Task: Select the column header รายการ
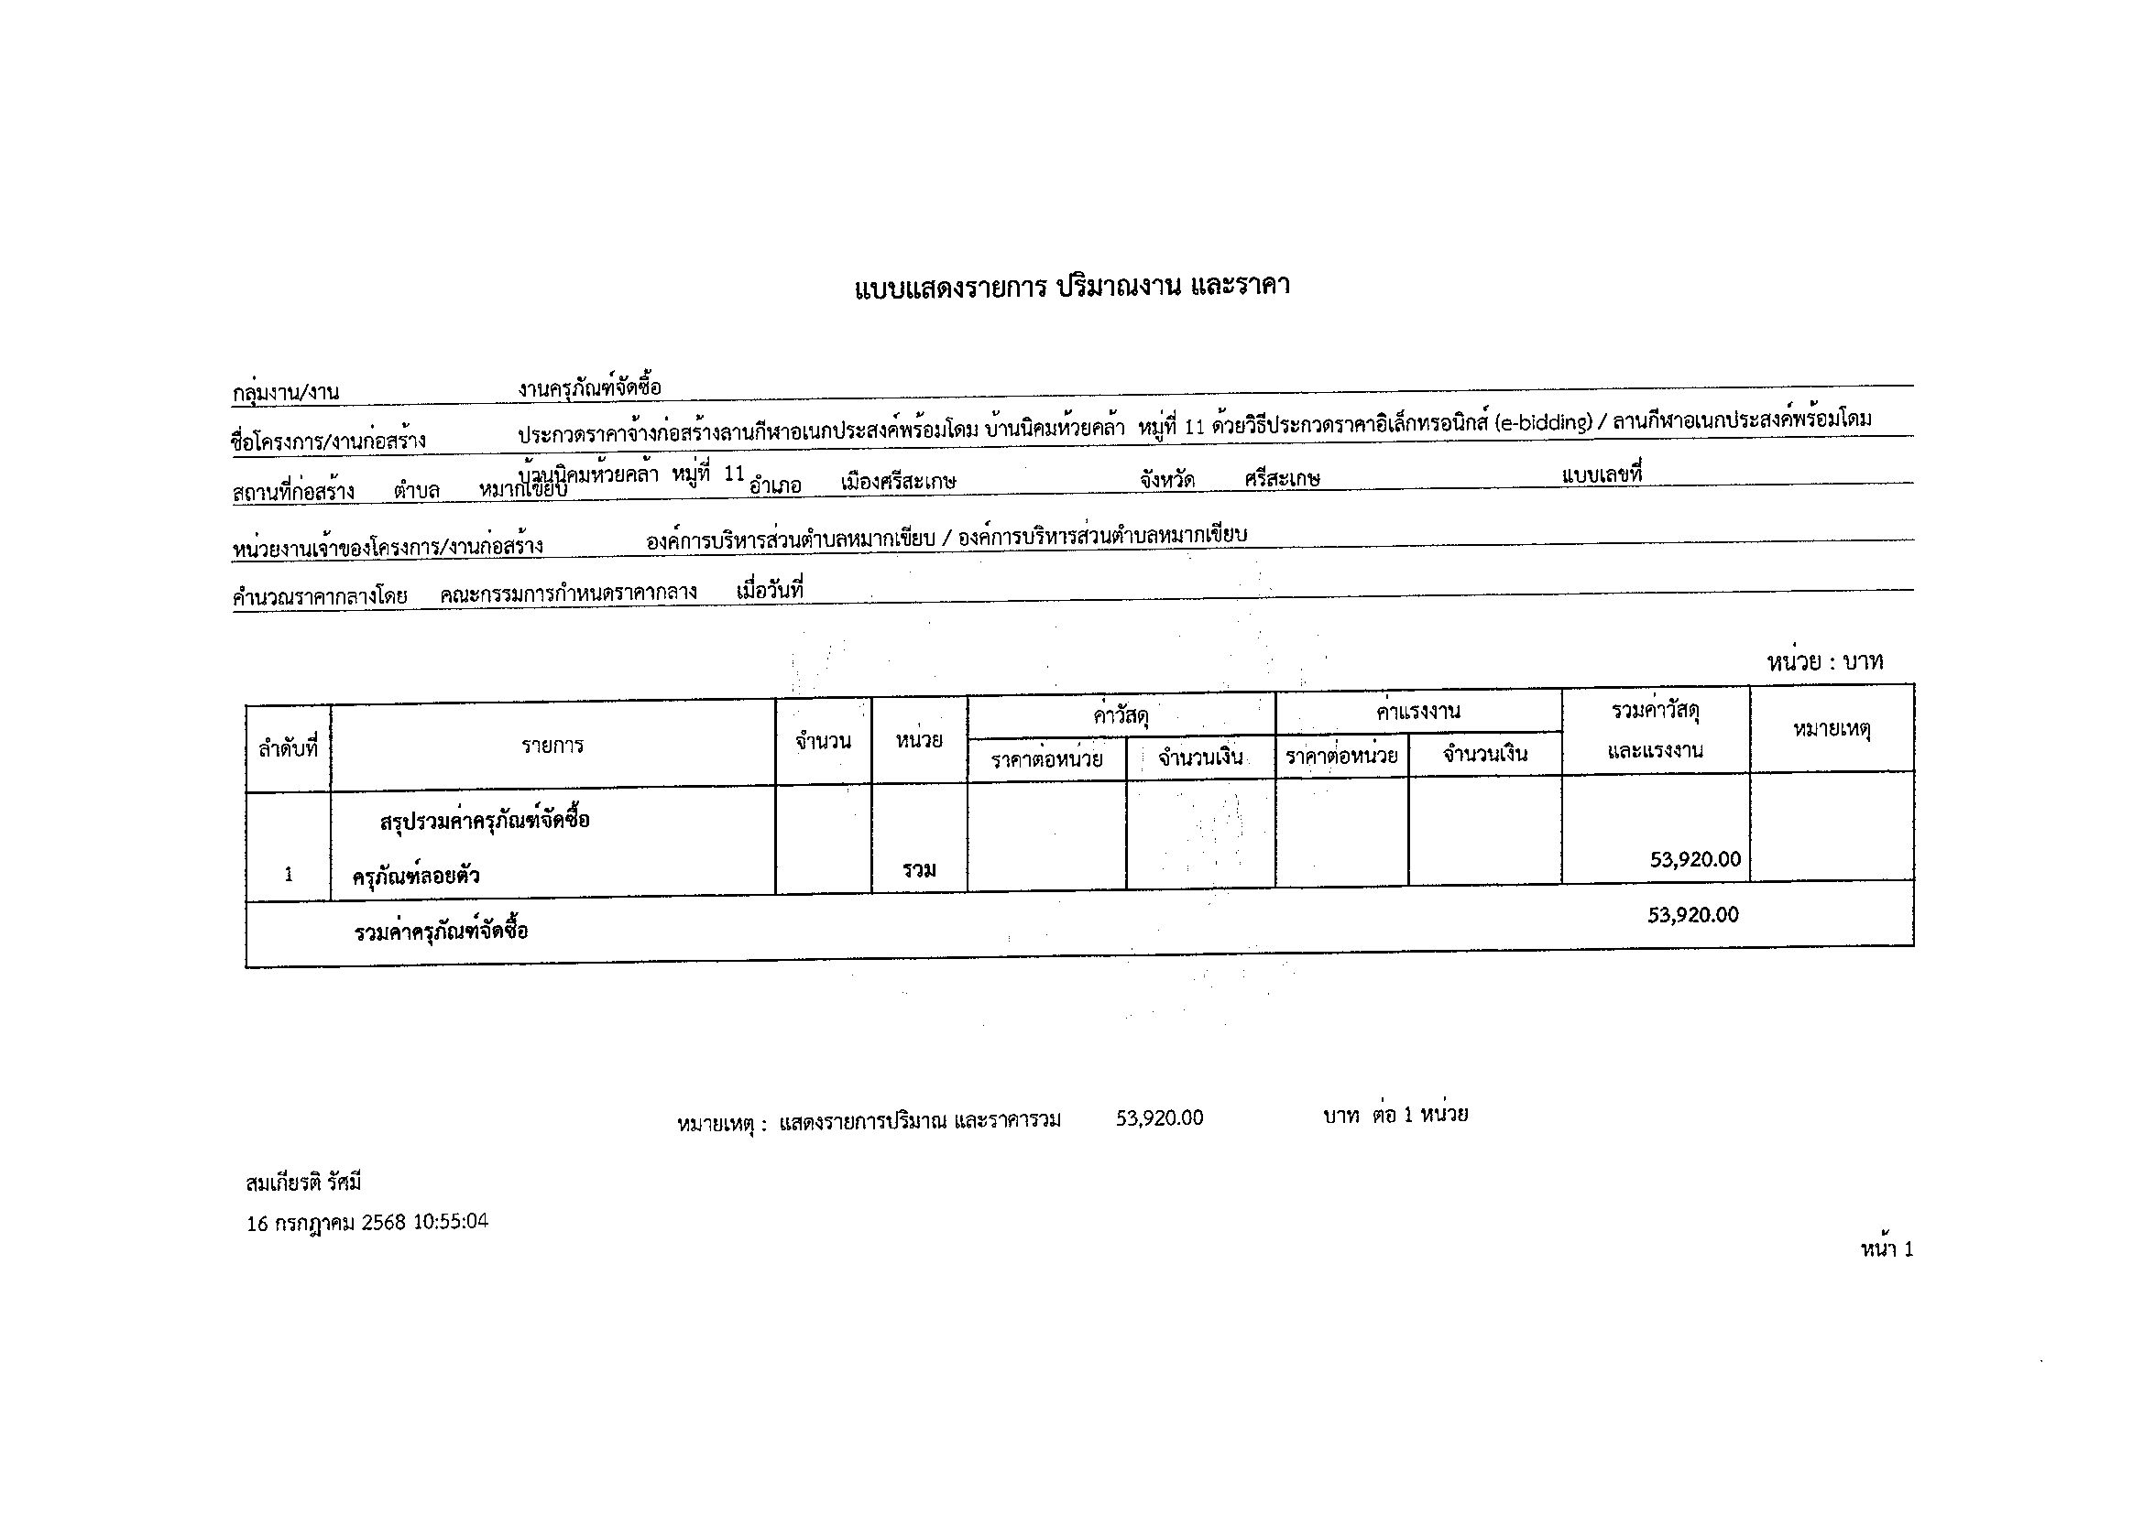(552, 745)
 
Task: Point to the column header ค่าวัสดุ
(1121, 716)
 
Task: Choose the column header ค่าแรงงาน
(1417, 712)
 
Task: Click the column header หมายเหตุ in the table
(1832, 729)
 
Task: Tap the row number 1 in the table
(289, 875)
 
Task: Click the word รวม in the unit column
(919, 870)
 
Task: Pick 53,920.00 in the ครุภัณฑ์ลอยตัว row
(1695, 860)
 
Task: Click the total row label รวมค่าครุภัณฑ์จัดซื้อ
(441, 932)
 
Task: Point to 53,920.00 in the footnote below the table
(1159, 1118)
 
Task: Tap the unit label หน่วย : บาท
(1823, 662)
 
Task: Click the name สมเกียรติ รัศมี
(303, 1183)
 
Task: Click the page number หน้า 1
(1887, 1249)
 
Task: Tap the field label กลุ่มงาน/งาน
(286, 393)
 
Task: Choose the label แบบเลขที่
(1602, 474)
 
